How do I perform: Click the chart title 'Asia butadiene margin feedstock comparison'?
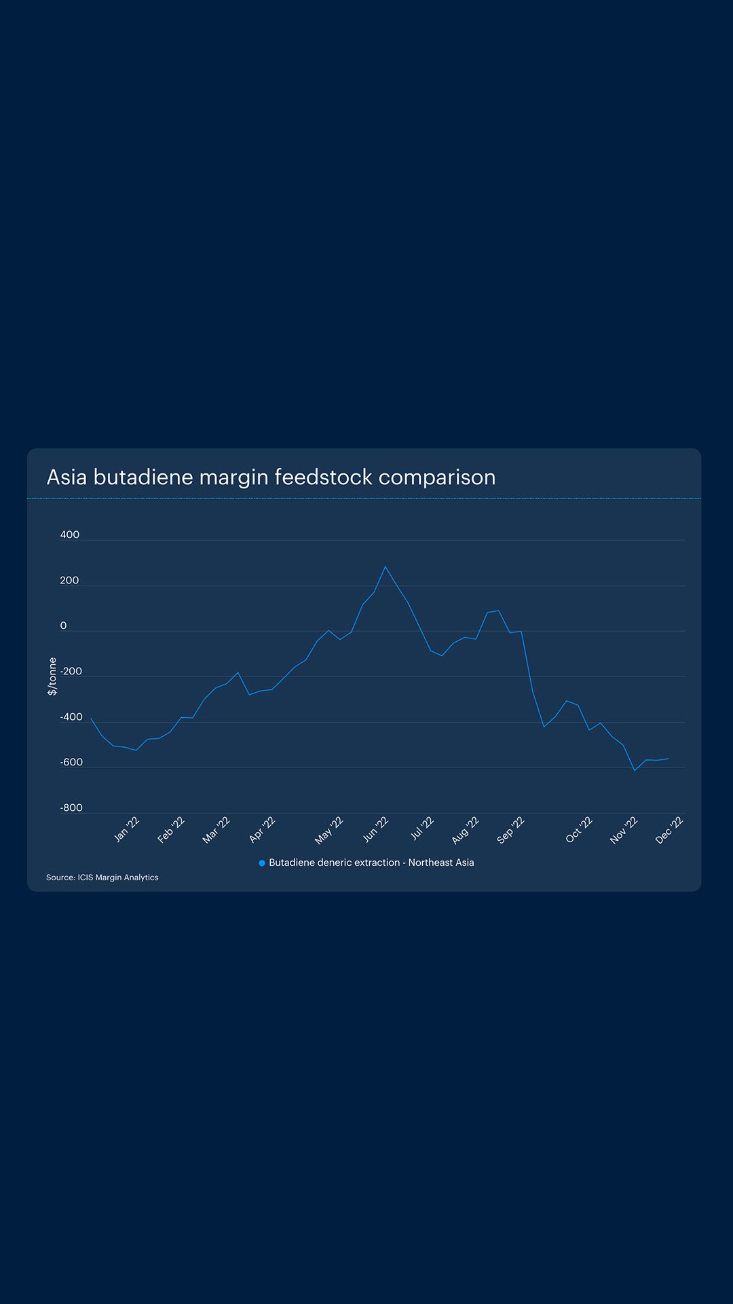tap(271, 477)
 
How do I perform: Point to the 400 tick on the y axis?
tap(70, 535)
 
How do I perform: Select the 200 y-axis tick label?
tap(69, 580)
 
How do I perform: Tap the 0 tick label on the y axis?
tap(64, 626)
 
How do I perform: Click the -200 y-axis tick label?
tap(71, 671)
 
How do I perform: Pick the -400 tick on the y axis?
tap(71, 717)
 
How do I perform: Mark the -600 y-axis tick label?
tap(71, 762)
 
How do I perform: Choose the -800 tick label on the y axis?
tap(71, 808)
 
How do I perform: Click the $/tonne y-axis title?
tap(52, 676)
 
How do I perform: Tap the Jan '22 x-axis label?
tap(127, 829)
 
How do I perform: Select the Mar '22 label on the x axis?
tap(217, 830)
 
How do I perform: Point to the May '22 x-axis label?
tap(329, 831)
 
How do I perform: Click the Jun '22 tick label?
tap(375, 829)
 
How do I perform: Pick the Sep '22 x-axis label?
tap(510, 831)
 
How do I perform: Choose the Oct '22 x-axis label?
tap(579, 830)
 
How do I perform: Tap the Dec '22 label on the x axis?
tap(669, 830)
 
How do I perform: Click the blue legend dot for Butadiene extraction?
tap(262, 863)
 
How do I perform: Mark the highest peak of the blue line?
tap(386, 566)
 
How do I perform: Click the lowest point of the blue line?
tap(635, 770)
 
